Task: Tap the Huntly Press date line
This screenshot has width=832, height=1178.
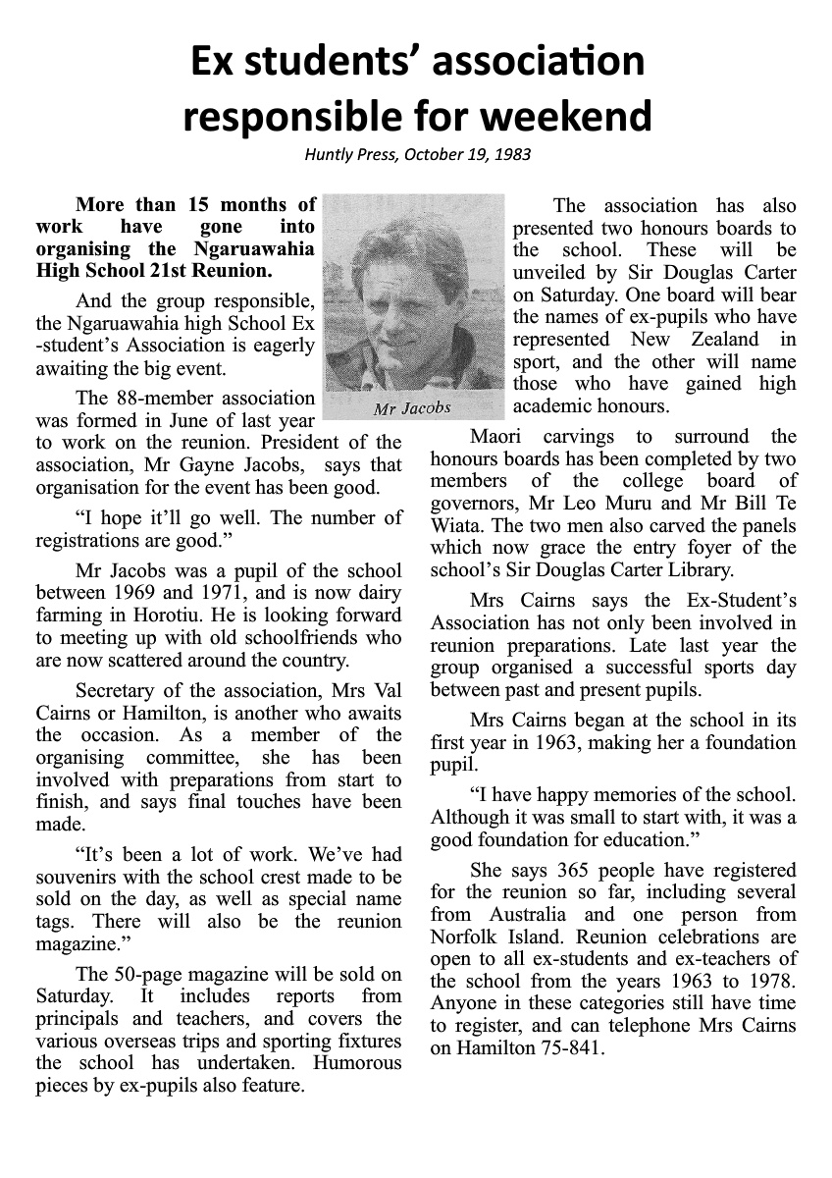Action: point(417,154)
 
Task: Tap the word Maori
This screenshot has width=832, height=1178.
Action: point(495,436)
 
